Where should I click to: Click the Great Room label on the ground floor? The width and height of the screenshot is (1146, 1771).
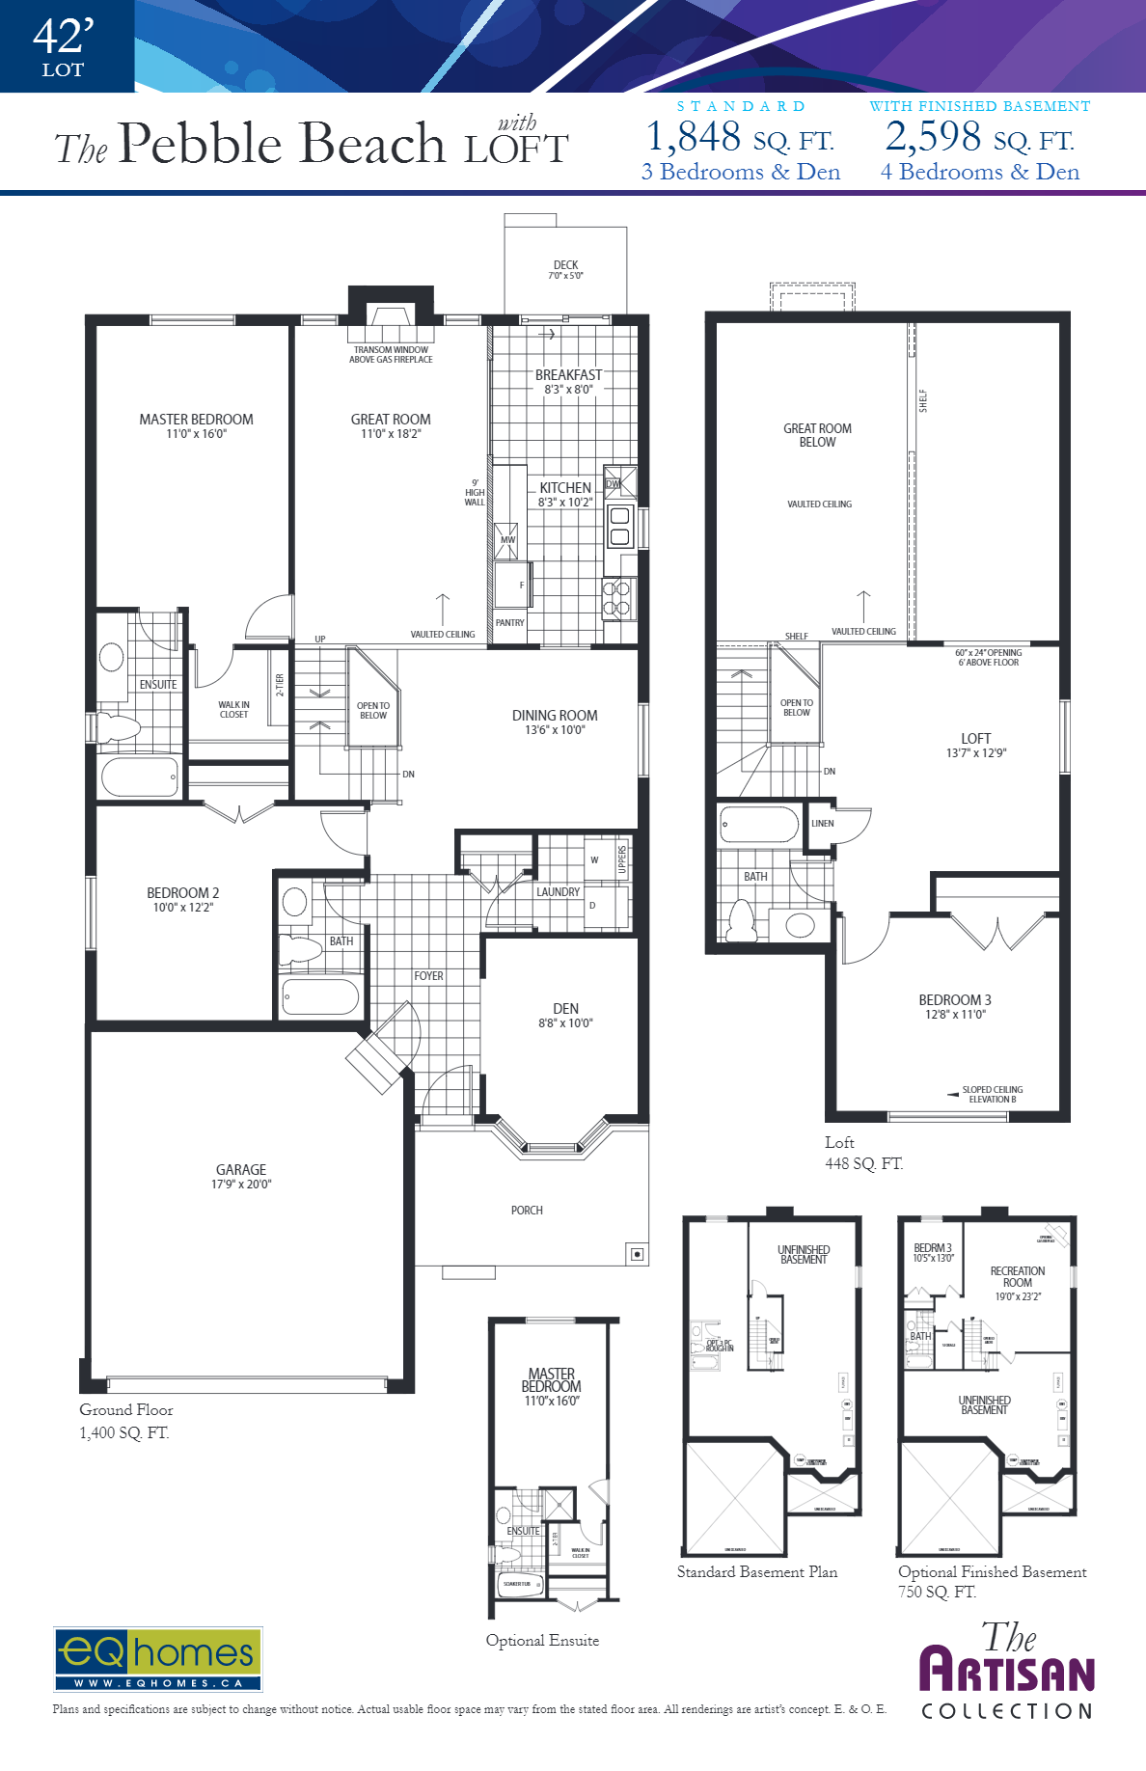[391, 420]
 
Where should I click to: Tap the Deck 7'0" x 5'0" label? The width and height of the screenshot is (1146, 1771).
[565, 270]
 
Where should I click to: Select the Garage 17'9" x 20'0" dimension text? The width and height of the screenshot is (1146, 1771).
[241, 1185]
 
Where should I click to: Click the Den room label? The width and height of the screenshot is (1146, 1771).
[565, 1009]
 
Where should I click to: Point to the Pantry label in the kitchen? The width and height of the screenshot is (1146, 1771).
[509, 623]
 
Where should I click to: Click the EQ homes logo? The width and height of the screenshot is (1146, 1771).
[157, 1659]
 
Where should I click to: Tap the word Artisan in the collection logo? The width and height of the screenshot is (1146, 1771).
[1007, 1671]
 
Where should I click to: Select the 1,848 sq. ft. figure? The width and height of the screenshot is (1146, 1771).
[740, 137]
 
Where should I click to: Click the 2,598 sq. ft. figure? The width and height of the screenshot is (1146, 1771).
[979, 137]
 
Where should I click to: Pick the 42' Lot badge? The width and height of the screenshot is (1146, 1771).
[64, 46]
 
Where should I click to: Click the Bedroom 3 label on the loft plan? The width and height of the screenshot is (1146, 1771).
[954, 1000]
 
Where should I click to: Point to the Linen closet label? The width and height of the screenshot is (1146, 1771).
[822, 824]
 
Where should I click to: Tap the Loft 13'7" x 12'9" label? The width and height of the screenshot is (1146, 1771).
[975, 745]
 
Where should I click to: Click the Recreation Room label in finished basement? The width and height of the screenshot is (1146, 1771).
[1017, 1277]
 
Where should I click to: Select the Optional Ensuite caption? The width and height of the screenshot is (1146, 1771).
[542, 1641]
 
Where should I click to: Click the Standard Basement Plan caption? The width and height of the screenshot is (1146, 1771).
[756, 1572]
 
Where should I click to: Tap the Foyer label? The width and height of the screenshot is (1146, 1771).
[428, 976]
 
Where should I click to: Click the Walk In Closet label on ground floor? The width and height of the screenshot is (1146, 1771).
[233, 710]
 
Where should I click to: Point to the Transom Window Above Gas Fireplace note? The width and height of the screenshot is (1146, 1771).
[391, 355]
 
